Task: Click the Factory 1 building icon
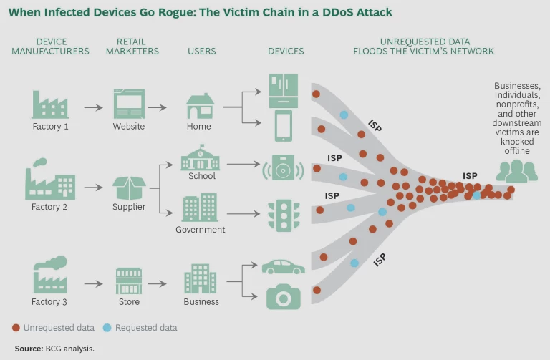[x=50, y=104]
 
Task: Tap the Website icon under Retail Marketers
[x=129, y=104]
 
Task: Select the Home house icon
[x=199, y=106]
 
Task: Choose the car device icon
[x=284, y=266]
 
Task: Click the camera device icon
[x=284, y=296]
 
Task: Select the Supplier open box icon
[x=129, y=188]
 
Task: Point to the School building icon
[x=201, y=157]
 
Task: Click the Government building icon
[x=201, y=208]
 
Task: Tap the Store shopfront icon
[x=129, y=281]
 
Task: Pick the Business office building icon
[x=201, y=279]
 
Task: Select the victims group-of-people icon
[x=517, y=170]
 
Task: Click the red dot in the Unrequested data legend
[x=16, y=328]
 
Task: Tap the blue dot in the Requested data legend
[x=107, y=328]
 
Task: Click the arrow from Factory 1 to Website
[x=93, y=108]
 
